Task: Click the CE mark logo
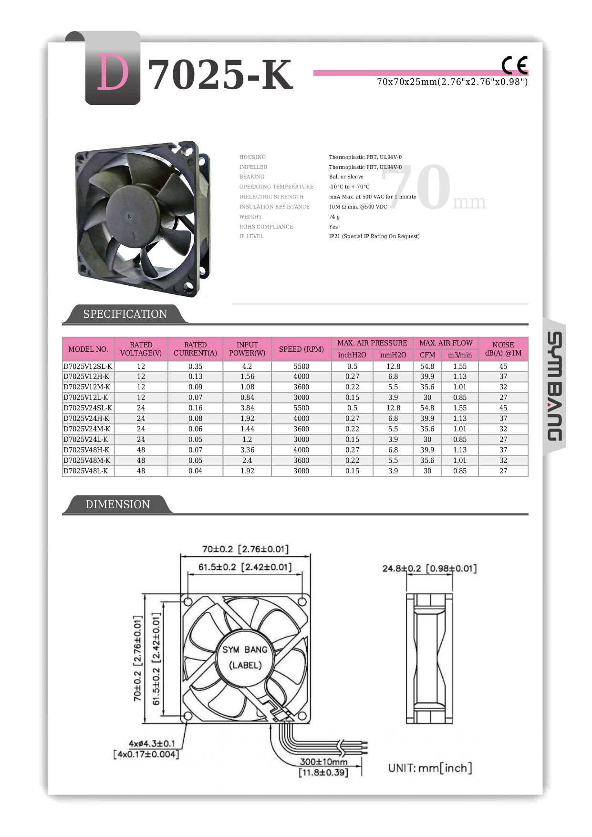[515, 65]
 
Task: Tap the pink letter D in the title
[113, 73]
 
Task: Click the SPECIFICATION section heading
[125, 314]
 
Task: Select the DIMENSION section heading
[117, 504]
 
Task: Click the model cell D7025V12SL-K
[88, 366]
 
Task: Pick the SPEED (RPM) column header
[301, 349]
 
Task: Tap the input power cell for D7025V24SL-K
[247, 408]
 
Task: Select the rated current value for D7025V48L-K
[195, 471]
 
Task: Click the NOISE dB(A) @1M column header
[503, 349]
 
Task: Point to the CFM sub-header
[427, 355]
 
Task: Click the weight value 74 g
[334, 217]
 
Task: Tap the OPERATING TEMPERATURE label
[276, 187]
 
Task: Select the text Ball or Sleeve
[346, 177]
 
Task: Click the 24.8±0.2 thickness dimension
[429, 568]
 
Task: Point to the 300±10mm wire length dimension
[323, 762]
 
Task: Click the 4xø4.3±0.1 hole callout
[152, 743]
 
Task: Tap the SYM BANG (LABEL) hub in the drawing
[245, 657]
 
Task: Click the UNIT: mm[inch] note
[430, 768]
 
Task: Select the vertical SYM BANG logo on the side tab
[554, 386]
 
